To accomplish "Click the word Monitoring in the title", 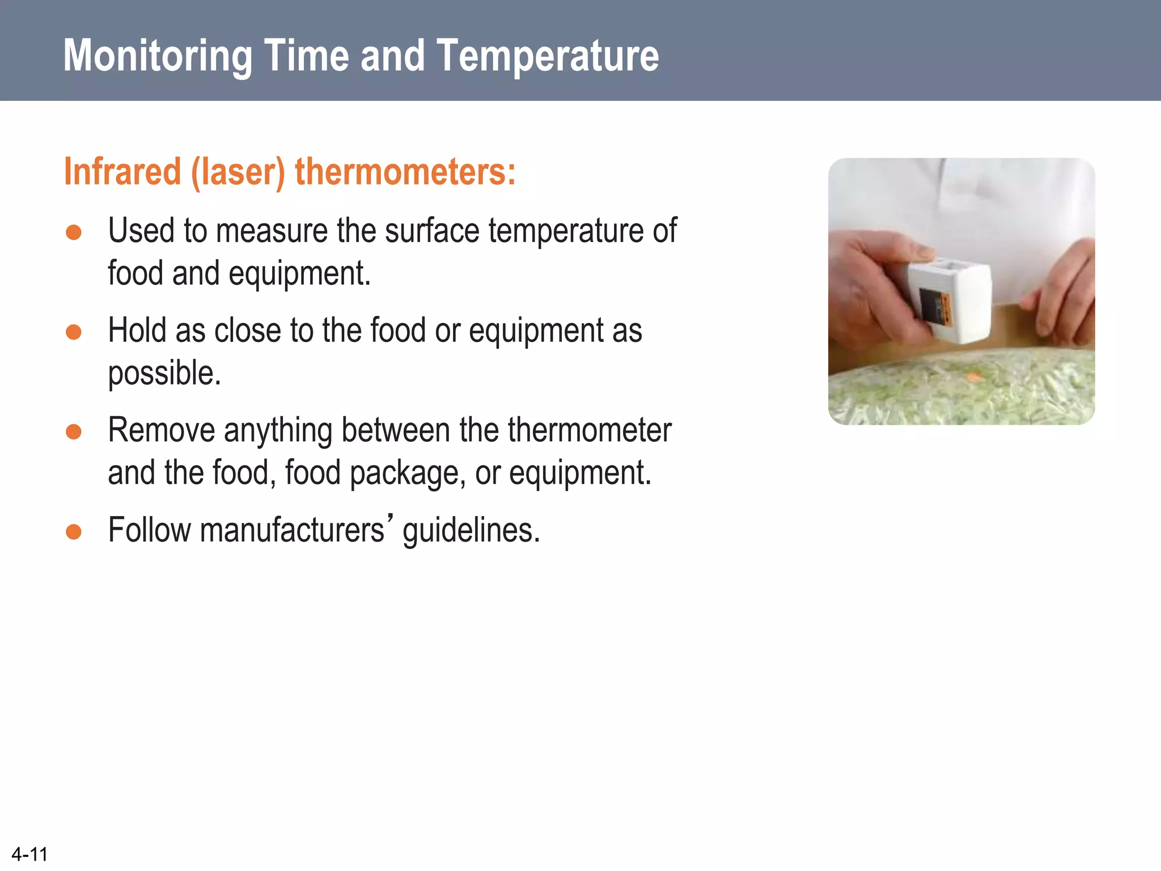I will coord(158,56).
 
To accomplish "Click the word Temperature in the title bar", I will coord(548,56).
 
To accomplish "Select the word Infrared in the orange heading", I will coord(122,171).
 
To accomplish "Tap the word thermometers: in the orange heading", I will coord(405,171).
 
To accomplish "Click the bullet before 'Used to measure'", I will coord(74,232).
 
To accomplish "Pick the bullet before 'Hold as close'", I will coord(74,332).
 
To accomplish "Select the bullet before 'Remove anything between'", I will coord(74,432).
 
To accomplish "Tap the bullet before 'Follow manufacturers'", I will coord(74,531).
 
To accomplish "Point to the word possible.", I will coord(164,374).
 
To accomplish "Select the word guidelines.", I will coord(471,531).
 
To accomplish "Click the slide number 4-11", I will coord(29,854).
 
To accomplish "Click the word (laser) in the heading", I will coord(238,171).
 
